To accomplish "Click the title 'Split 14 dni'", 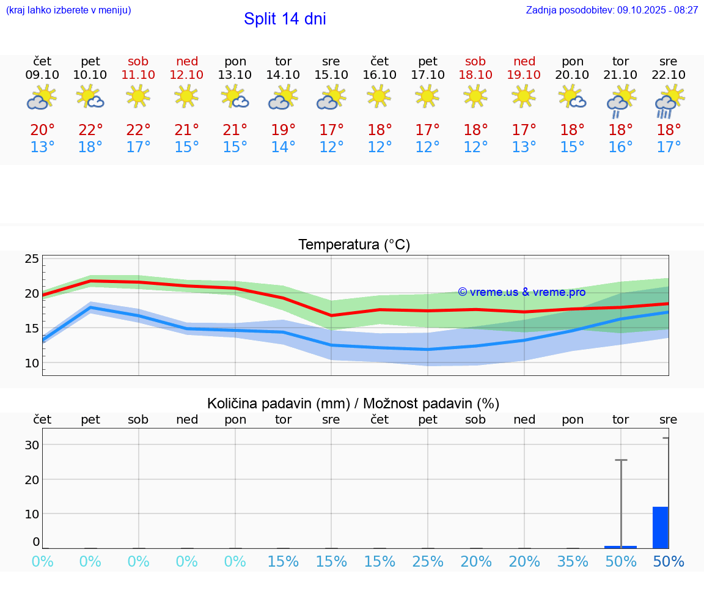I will tap(285, 19).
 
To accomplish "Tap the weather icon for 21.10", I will tap(621, 100).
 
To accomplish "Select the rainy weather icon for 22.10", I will tap(669, 100).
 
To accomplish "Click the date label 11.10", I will tap(138, 75).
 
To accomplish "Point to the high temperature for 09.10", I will tap(42, 130).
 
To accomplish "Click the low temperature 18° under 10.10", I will tap(90, 147).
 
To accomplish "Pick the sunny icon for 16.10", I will tap(380, 96).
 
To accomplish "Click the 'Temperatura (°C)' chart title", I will tap(354, 245).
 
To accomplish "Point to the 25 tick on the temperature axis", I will tap(32, 259).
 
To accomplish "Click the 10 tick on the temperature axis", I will tap(32, 363).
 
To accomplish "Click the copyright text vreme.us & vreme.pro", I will tap(521, 292).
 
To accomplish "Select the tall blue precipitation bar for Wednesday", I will tap(661, 528).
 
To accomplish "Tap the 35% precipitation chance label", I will tap(573, 562).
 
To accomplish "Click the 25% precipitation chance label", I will tap(428, 562).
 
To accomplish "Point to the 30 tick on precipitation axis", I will tap(32, 445).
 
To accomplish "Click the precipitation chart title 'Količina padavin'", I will tap(353, 403).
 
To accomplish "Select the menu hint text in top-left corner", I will tap(68, 10).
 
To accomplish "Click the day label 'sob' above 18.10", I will tap(475, 61).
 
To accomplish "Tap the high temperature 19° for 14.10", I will tap(283, 130).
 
